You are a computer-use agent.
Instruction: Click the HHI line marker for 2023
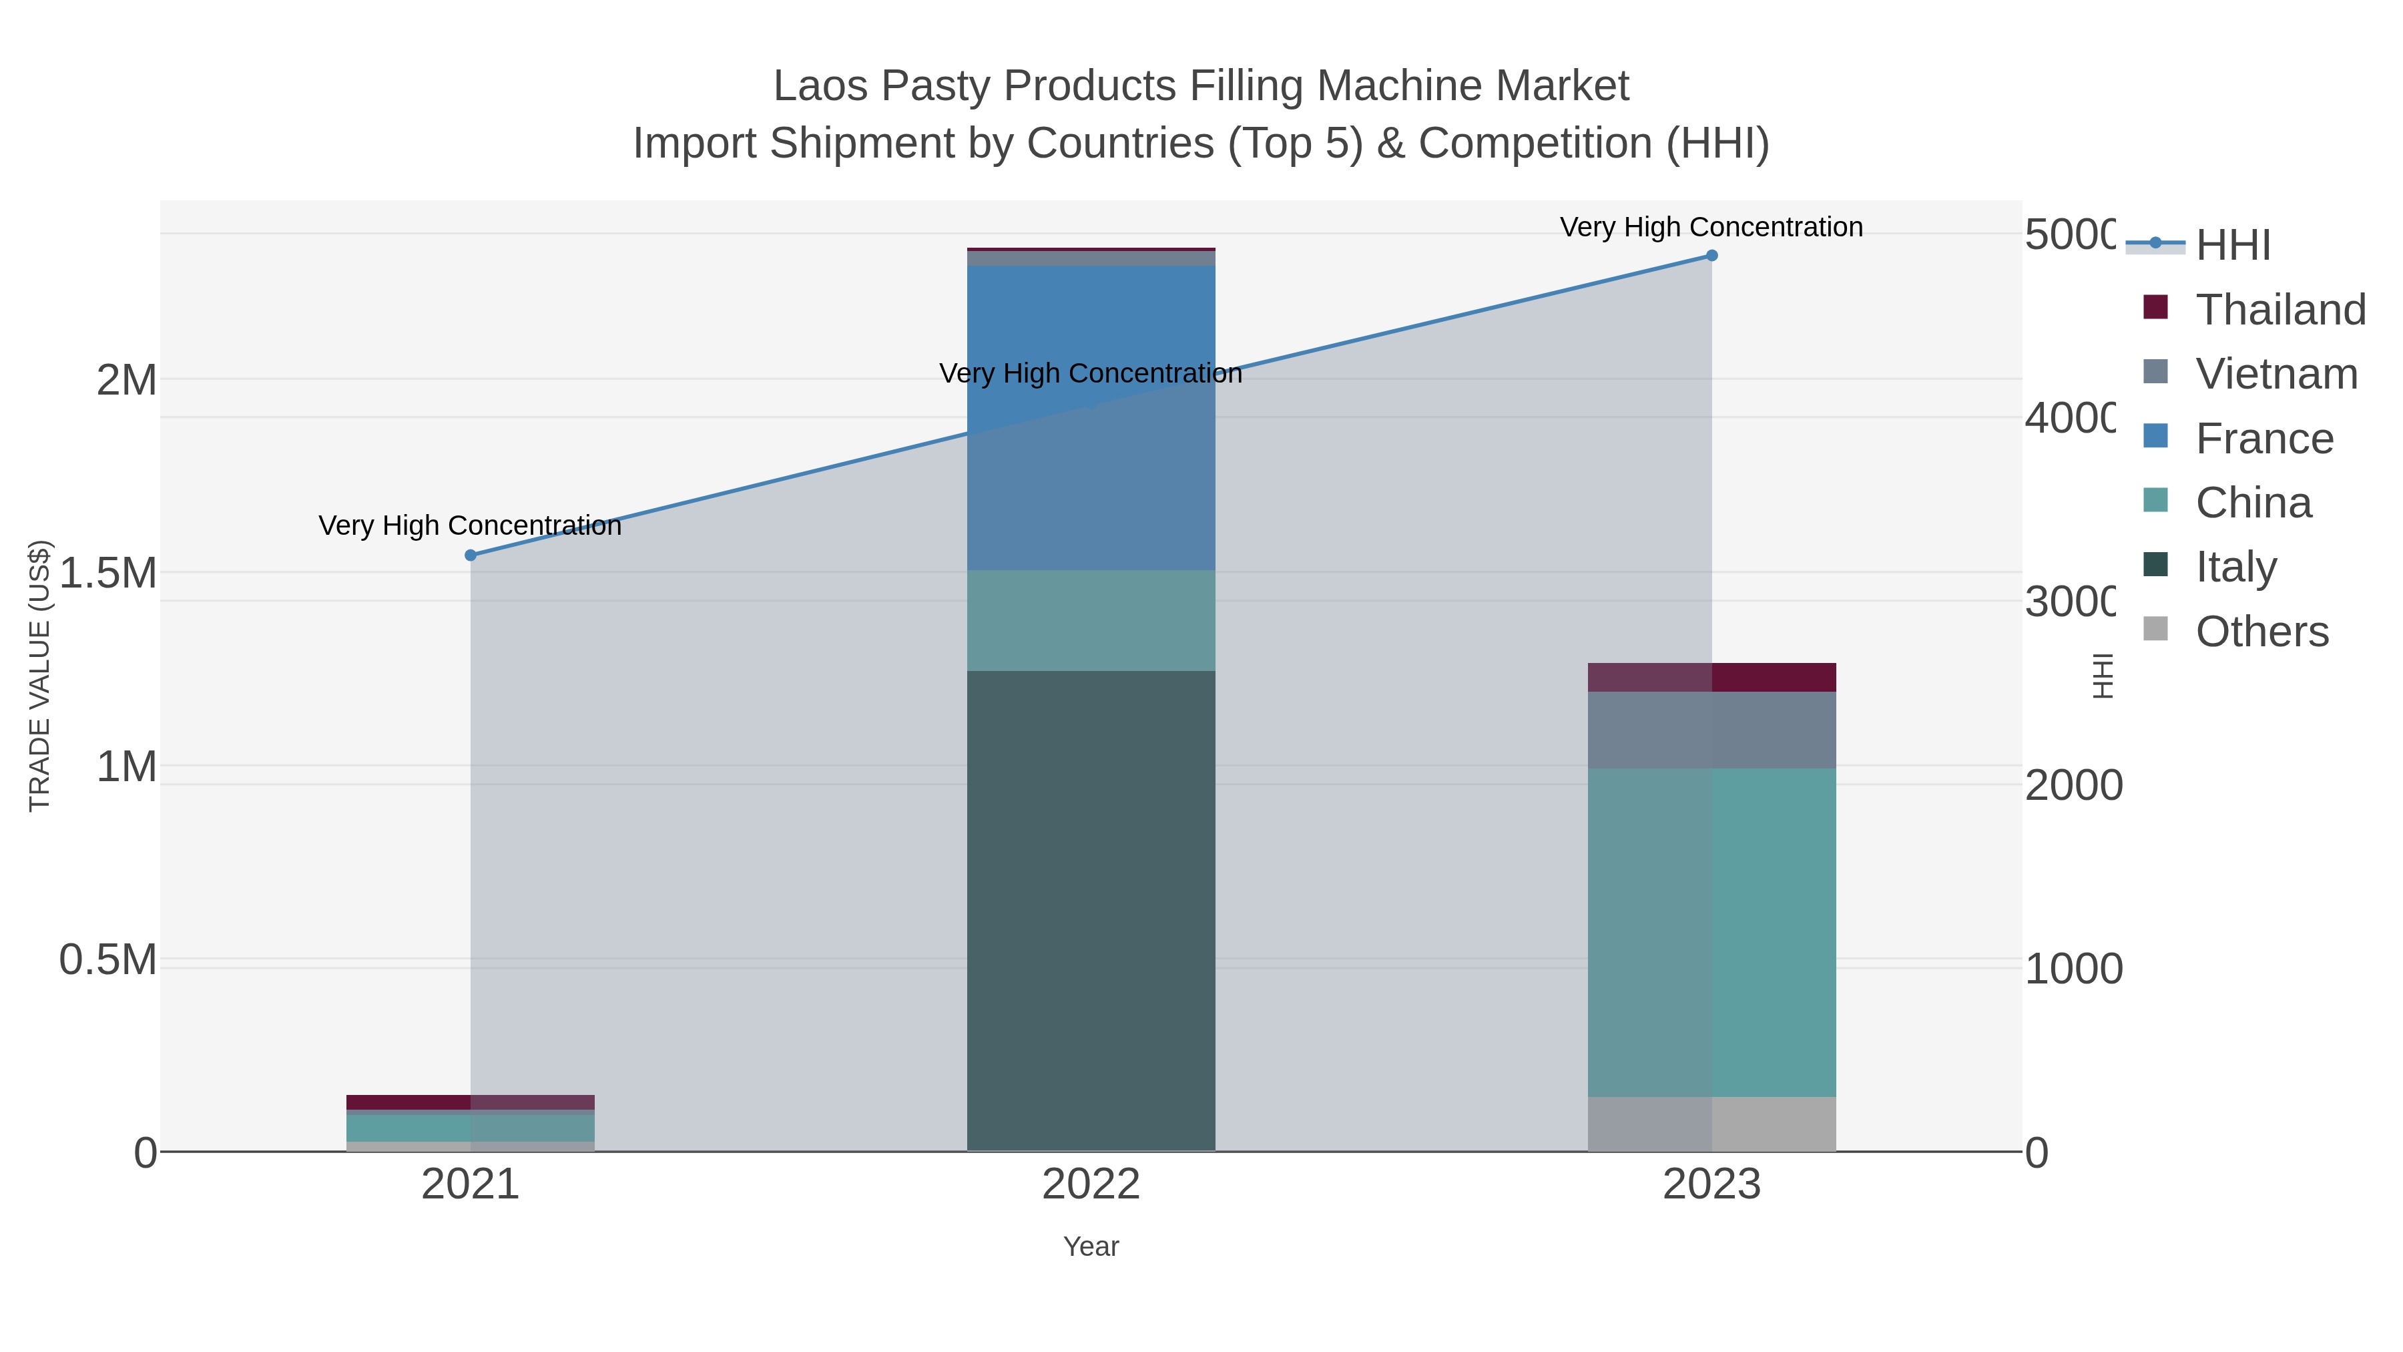(x=1711, y=256)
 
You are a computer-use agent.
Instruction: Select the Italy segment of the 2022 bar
(x=1091, y=910)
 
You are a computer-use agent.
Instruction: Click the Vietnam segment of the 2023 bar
(x=1711, y=730)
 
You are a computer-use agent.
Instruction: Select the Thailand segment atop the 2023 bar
(x=1711, y=678)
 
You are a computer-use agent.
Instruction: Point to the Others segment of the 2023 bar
(x=1711, y=1124)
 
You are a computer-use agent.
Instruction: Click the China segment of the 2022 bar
(x=1091, y=620)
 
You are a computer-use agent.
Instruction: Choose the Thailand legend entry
(x=2280, y=310)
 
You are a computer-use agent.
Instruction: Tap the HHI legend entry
(x=2232, y=246)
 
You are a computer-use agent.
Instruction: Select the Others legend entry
(x=2261, y=632)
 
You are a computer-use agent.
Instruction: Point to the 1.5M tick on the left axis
(x=108, y=573)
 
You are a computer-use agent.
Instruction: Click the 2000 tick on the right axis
(x=2073, y=786)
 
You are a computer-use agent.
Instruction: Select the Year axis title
(x=1091, y=1247)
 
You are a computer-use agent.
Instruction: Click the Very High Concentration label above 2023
(x=1711, y=227)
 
